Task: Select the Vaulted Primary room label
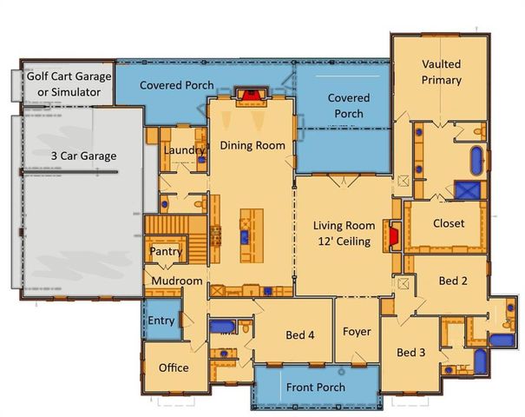(x=441, y=73)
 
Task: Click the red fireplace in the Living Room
(x=394, y=235)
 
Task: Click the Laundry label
(x=184, y=150)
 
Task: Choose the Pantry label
(x=164, y=251)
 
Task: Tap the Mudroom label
(x=176, y=281)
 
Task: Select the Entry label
(x=161, y=321)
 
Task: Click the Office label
(x=174, y=367)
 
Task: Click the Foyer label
(x=357, y=331)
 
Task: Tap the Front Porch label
(x=317, y=387)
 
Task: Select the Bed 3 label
(x=411, y=353)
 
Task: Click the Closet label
(x=446, y=223)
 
